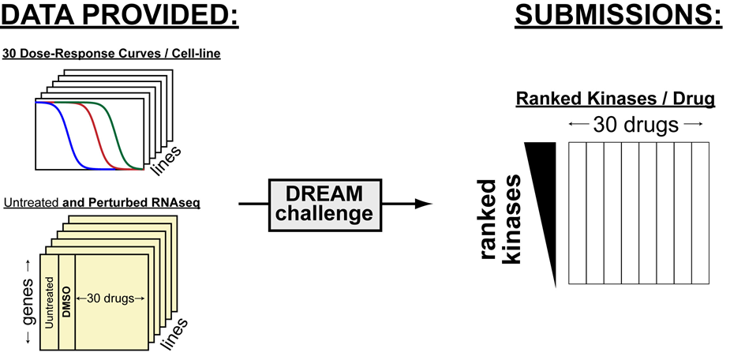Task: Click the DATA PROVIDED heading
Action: click(x=120, y=17)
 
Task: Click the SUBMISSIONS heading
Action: click(x=619, y=17)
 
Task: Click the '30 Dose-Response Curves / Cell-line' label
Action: click(x=111, y=54)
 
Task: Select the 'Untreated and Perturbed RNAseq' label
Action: click(x=103, y=203)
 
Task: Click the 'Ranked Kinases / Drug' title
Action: click(x=615, y=99)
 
